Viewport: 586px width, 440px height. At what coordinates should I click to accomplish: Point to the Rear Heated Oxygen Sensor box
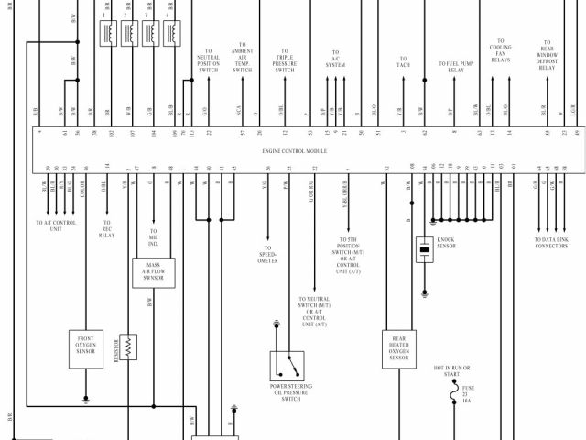(399, 349)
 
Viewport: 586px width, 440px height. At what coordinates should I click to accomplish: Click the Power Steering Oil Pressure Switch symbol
(290, 366)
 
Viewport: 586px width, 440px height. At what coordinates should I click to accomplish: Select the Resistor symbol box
(128, 346)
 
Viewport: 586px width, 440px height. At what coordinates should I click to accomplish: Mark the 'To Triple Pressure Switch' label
(285, 61)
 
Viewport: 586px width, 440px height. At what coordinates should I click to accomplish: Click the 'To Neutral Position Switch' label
(209, 61)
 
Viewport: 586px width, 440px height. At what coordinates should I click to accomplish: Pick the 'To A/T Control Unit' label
(57, 225)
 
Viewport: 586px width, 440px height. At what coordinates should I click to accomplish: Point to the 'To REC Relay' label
(107, 229)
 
